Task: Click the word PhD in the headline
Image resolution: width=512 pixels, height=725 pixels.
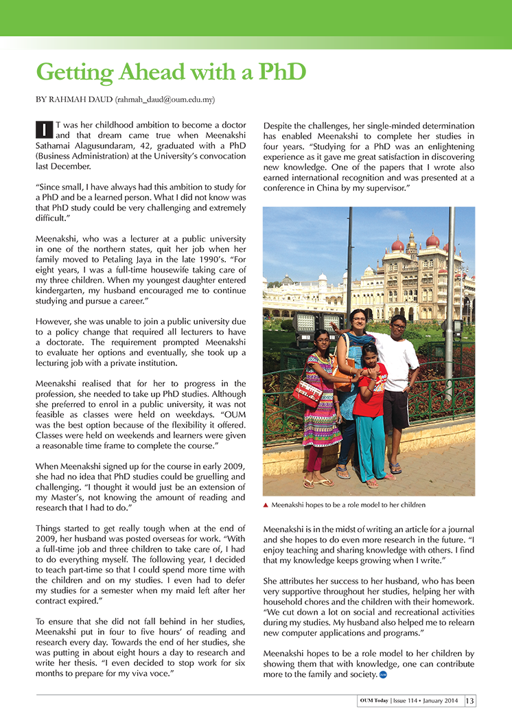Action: click(278, 72)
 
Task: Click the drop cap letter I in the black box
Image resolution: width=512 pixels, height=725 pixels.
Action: click(43, 129)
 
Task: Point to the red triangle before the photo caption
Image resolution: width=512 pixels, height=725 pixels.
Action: click(266, 505)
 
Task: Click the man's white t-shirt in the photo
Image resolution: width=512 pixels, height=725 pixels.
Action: click(396, 361)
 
